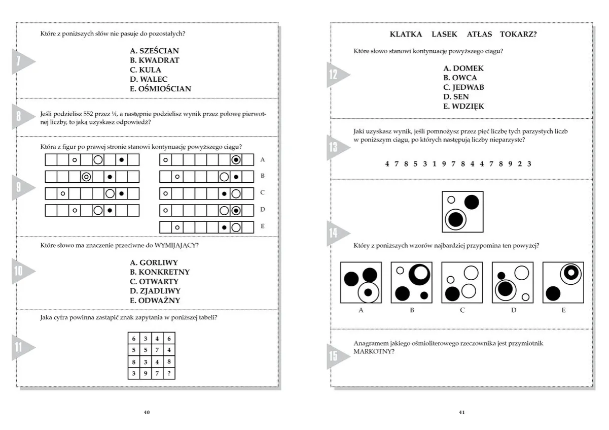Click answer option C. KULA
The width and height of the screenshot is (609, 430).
click(146, 70)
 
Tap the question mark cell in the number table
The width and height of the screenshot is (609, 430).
click(169, 374)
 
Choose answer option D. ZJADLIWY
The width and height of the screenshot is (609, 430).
click(155, 291)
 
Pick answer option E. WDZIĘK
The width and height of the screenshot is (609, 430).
click(463, 106)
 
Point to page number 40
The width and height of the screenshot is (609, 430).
click(147, 412)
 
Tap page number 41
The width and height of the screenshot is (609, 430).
click(461, 412)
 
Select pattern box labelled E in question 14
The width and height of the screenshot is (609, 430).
click(563, 282)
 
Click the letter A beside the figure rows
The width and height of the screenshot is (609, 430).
click(262, 159)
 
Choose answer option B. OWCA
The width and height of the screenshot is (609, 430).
click(460, 78)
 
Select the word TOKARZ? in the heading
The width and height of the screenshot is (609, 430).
click(518, 34)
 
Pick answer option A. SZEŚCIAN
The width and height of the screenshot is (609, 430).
click(155, 51)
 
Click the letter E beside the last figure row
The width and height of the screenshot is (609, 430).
click(262, 226)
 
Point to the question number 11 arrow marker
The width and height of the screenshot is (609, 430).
click(21, 348)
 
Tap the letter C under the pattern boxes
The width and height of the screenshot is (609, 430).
click(462, 310)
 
